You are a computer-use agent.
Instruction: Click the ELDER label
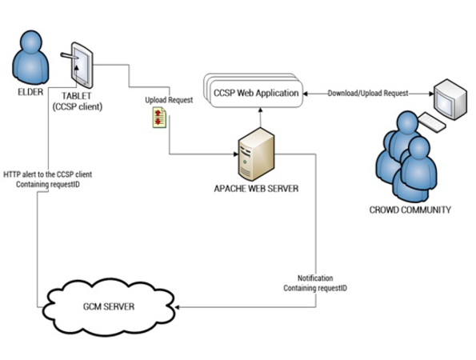click(x=30, y=92)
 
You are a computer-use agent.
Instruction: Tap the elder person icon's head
click(x=30, y=42)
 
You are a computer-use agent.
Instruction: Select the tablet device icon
click(x=82, y=66)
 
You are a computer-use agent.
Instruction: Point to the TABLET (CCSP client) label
click(x=77, y=102)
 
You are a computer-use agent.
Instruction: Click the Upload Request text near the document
click(x=169, y=100)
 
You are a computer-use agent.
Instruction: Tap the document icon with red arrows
click(x=159, y=118)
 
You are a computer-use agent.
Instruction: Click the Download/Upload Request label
click(x=368, y=93)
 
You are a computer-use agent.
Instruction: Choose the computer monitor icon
click(x=450, y=99)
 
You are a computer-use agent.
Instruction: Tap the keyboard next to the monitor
click(x=431, y=122)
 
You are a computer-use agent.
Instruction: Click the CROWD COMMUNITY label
click(x=410, y=210)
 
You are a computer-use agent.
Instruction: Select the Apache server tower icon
click(x=256, y=154)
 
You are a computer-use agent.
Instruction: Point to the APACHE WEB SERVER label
click(x=256, y=189)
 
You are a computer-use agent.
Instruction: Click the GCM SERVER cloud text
click(x=109, y=306)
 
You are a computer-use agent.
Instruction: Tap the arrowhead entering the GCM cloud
click(x=177, y=307)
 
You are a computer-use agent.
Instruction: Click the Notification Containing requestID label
click(x=315, y=283)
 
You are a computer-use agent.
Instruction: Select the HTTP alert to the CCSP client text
click(x=48, y=174)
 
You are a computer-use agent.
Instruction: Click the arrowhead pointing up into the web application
click(x=260, y=110)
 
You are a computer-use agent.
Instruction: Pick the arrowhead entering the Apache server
click(x=236, y=154)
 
